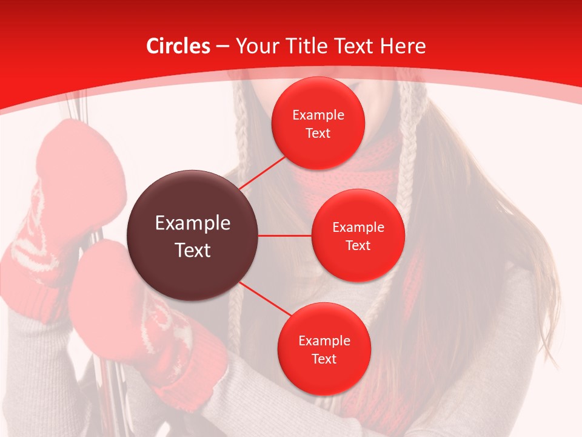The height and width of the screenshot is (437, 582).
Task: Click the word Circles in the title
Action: coord(178,46)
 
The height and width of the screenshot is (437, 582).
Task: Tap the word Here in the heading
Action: coord(403,46)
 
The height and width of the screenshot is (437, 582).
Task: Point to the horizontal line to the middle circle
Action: coord(285,235)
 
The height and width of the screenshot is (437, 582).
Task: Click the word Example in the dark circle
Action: coord(193,223)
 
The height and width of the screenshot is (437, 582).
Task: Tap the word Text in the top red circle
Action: coord(318,134)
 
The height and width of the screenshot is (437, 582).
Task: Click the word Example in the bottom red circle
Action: coord(324,341)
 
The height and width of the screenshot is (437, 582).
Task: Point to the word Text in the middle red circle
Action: coord(358,246)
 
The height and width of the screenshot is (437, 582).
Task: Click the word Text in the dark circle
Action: coord(193,250)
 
